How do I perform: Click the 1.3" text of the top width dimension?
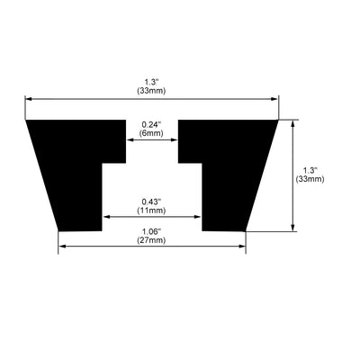tap(151, 81)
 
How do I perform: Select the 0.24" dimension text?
tap(151, 123)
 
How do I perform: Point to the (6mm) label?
tap(151, 132)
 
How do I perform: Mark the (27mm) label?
tap(151, 241)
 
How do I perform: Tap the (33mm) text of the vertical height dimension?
tap(310, 179)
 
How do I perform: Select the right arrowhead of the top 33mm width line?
tap(274, 99)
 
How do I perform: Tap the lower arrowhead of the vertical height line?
tap(293, 227)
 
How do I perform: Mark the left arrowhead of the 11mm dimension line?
tap(108, 217)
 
